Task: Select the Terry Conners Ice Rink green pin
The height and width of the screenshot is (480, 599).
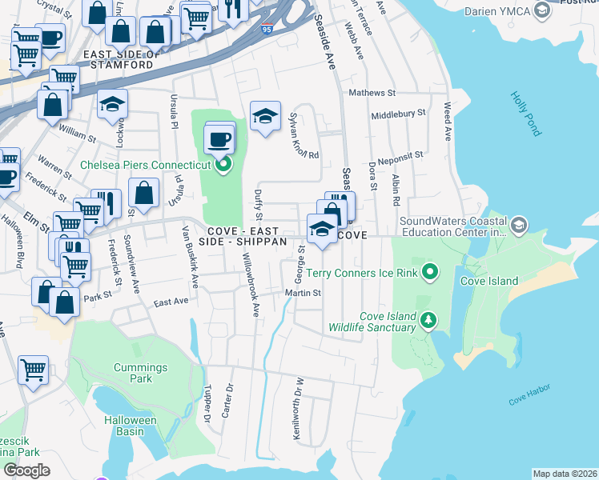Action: [x=430, y=274]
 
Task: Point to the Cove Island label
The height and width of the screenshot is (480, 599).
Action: [x=488, y=282]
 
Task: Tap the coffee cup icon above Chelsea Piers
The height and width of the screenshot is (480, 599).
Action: [x=219, y=138]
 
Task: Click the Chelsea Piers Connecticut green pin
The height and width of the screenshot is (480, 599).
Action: [x=223, y=166]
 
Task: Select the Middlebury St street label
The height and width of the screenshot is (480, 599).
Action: [x=398, y=114]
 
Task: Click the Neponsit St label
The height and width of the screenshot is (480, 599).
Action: [x=396, y=153]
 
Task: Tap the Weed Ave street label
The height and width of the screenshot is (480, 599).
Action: [x=447, y=118]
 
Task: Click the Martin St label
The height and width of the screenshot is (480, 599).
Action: [x=304, y=293]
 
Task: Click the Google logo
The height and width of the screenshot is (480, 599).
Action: [x=26, y=470]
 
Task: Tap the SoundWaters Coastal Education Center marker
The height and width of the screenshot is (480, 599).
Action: [x=517, y=226]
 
